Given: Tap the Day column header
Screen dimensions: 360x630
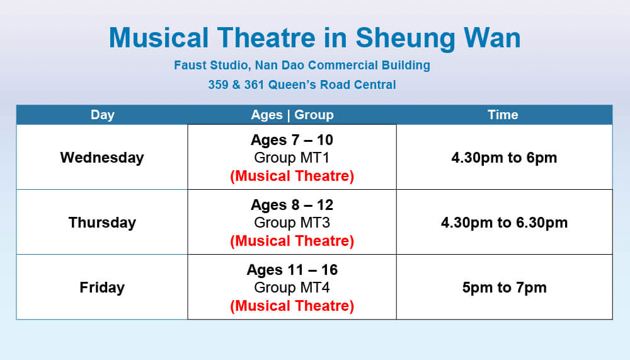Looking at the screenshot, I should pos(102,115).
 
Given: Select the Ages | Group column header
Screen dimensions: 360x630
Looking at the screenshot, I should pos(292,115).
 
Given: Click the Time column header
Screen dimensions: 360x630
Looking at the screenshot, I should pos(503,115).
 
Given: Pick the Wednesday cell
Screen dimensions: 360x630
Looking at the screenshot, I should pos(102,158).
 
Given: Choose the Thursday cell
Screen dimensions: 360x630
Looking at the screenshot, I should pos(102,223).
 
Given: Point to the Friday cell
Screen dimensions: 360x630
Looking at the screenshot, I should pos(102,287).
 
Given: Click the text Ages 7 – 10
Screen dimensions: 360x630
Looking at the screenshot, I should pos(292,140).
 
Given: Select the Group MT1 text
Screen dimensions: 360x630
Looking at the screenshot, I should pos(292,158).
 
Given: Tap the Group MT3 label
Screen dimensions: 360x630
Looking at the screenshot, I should pos(292,223).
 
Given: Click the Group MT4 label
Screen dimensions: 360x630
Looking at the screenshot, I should pos(292,287).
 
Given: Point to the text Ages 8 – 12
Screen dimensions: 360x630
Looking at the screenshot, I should pos(292,205).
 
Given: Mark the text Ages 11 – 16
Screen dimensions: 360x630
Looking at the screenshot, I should pos(292,270).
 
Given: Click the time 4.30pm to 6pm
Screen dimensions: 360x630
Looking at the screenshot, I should pos(504,158).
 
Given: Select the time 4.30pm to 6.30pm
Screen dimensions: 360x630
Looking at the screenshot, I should pos(504,223).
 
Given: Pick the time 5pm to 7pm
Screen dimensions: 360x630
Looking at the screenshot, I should pos(504,287).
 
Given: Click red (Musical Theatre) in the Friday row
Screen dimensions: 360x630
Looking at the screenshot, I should pos(292,306).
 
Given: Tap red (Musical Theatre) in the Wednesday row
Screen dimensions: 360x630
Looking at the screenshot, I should pos(292,176).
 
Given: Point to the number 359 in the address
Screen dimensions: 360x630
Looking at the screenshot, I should pos(218,84).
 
